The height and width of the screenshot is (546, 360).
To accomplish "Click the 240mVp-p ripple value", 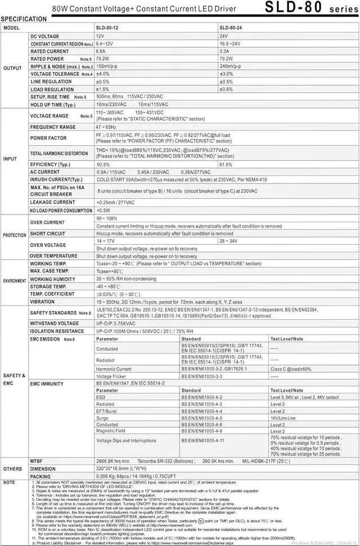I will [x=231, y=66].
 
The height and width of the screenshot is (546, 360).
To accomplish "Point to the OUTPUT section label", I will [x=12, y=68].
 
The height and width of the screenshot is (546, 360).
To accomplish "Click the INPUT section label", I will [x=10, y=159].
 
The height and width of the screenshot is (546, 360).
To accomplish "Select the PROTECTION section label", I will [x=14, y=235].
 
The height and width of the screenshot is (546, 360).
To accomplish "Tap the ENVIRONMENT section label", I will [x=15, y=280].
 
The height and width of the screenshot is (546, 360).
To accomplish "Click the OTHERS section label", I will [x=12, y=468].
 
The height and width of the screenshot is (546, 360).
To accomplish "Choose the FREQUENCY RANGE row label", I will [x=53, y=127].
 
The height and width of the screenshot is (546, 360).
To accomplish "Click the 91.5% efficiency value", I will [x=226, y=164].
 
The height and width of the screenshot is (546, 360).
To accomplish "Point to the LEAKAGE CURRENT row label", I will [x=52, y=202].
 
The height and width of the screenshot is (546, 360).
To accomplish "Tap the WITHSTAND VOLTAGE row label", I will [x=55, y=324].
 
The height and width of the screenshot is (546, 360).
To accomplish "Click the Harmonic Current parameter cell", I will [x=114, y=369].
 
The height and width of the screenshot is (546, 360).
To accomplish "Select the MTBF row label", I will [x=38, y=460].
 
